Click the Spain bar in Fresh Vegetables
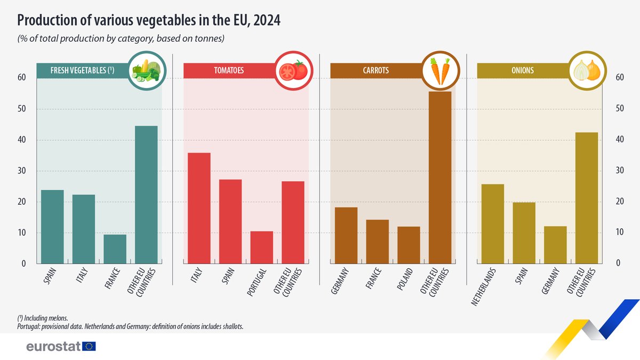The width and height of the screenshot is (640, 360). [52, 227]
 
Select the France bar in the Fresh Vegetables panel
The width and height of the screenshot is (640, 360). [115, 249]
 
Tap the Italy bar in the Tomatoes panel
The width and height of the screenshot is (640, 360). [199, 208]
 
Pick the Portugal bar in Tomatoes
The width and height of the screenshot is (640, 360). [261, 247]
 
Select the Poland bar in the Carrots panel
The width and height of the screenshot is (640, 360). [409, 245]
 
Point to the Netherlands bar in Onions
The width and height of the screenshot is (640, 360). [493, 224]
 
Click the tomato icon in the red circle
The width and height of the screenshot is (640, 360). [294, 71]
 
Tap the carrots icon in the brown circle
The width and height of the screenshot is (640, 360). [441, 71]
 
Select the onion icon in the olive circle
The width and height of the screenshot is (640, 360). [587, 71]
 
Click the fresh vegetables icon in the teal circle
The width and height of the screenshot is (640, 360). [147, 71]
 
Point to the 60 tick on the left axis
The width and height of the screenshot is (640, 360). [22, 78]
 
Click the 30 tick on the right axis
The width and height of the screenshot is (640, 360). [620, 171]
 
